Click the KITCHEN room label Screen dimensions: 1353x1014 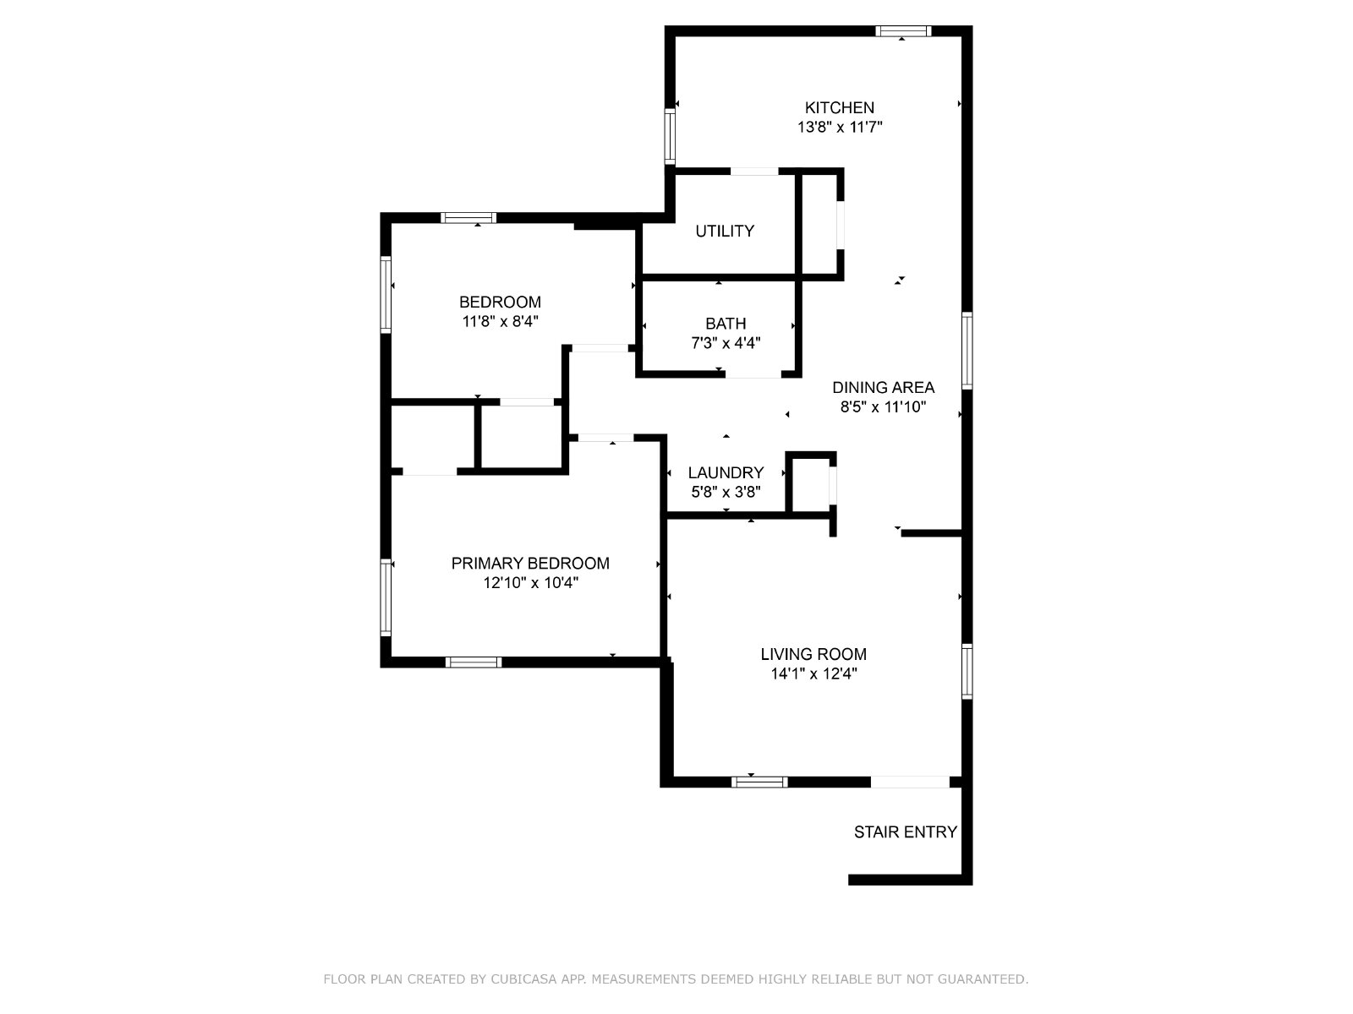click(x=839, y=108)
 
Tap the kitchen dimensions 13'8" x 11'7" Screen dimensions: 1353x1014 click(x=840, y=128)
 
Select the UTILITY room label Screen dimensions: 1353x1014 click(x=724, y=231)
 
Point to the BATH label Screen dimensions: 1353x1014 click(x=726, y=324)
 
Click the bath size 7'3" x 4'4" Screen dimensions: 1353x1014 click(x=726, y=343)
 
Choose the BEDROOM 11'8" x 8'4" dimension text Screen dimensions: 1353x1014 click(x=500, y=321)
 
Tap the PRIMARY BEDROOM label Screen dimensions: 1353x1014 click(x=530, y=564)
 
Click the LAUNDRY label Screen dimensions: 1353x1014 click(x=726, y=473)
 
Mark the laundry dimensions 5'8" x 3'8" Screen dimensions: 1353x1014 click(x=726, y=492)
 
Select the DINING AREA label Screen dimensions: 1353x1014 click(x=884, y=387)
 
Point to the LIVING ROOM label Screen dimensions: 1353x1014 click(x=813, y=654)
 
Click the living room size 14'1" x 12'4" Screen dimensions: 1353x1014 click(x=813, y=673)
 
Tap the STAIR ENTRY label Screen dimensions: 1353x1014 click(x=906, y=832)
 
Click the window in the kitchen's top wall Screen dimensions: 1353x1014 click(x=903, y=31)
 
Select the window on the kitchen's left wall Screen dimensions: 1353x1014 click(x=670, y=136)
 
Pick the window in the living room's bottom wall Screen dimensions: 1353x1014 click(x=759, y=782)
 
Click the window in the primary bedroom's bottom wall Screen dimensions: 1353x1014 click(x=474, y=662)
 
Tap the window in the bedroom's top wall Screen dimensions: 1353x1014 click(x=468, y=218)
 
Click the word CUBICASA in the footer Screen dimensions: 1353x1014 click(x=523, y=979)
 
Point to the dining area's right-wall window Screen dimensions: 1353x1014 click(x=967, y=351)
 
